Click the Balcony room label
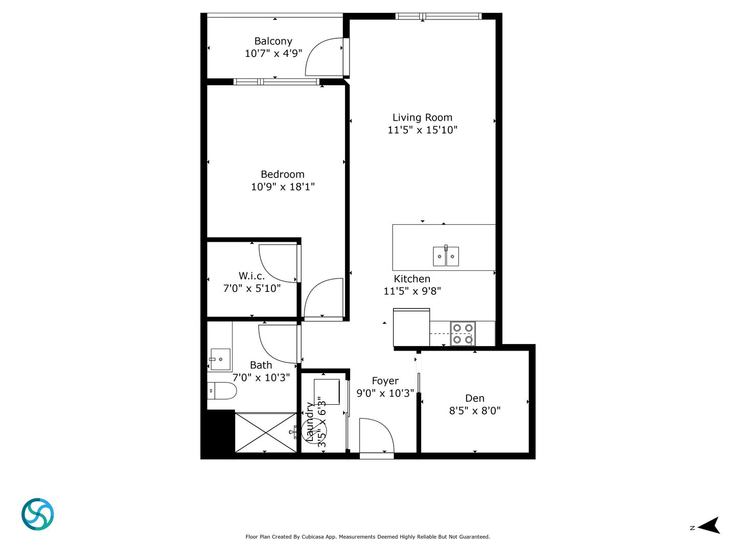click(273, 41)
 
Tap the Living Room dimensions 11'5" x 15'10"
click(422, 130)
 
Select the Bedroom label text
click(282, 174)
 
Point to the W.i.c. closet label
click(251, 276)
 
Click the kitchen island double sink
click(446, 256)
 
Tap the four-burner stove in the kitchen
click(463, 334)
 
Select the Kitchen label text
click(412, 279)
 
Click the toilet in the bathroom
click(222, 392)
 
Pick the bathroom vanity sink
click(220, 359)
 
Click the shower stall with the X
click(266, 432)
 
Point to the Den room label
click(475, 398)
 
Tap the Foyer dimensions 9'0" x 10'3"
click(385, 393)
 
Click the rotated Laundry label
click(310, 422)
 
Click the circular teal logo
click(38, 514)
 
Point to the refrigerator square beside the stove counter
click(411, 327)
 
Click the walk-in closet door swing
click(278, 263)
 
